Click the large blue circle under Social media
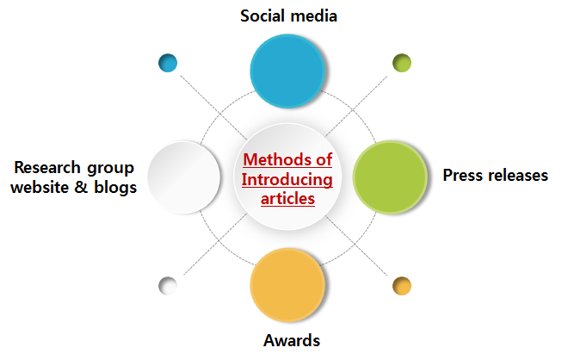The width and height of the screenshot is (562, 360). [x=287, y=67]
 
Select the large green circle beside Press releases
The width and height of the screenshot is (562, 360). [x=390, y=176]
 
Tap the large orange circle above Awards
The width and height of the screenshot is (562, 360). [x=287, y=285]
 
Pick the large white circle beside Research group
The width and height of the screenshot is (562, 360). [x=182, y=176]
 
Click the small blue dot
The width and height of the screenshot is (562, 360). [x=168, y=63]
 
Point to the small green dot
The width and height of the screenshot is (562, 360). [x=402, y=63]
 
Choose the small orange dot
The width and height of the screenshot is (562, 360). [x=402, y=286]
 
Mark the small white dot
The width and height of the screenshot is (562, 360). [x=168, y=285]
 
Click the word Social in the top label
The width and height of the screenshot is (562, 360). [x=262, y=16]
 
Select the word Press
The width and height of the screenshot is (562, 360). [x=463, y=176]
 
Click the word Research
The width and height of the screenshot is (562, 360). [x=49, y=168]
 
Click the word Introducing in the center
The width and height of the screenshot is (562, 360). [x=287, y=180]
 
